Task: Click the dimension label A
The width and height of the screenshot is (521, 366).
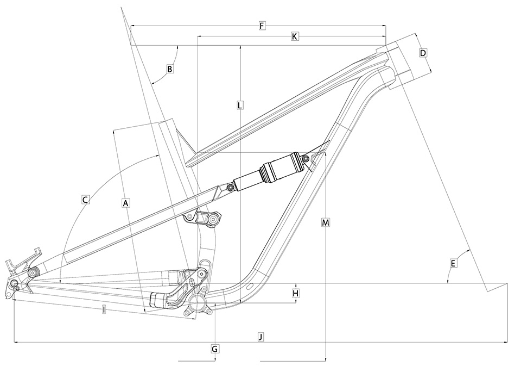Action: pos(125,203)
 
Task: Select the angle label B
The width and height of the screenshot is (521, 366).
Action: pos(170,69)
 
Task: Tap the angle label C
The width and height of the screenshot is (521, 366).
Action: pos(85,200)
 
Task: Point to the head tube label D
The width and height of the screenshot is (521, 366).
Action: pos(423,53)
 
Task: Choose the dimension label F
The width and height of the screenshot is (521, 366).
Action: pos(262,26)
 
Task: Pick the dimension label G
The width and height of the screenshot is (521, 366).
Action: pos(215,349)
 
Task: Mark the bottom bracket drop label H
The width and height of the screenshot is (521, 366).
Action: pos(296,293)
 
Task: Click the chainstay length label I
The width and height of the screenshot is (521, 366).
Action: pos(103,310)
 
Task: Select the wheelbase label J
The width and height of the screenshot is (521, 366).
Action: pos(261,337)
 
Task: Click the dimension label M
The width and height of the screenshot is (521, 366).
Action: pos(325,223)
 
